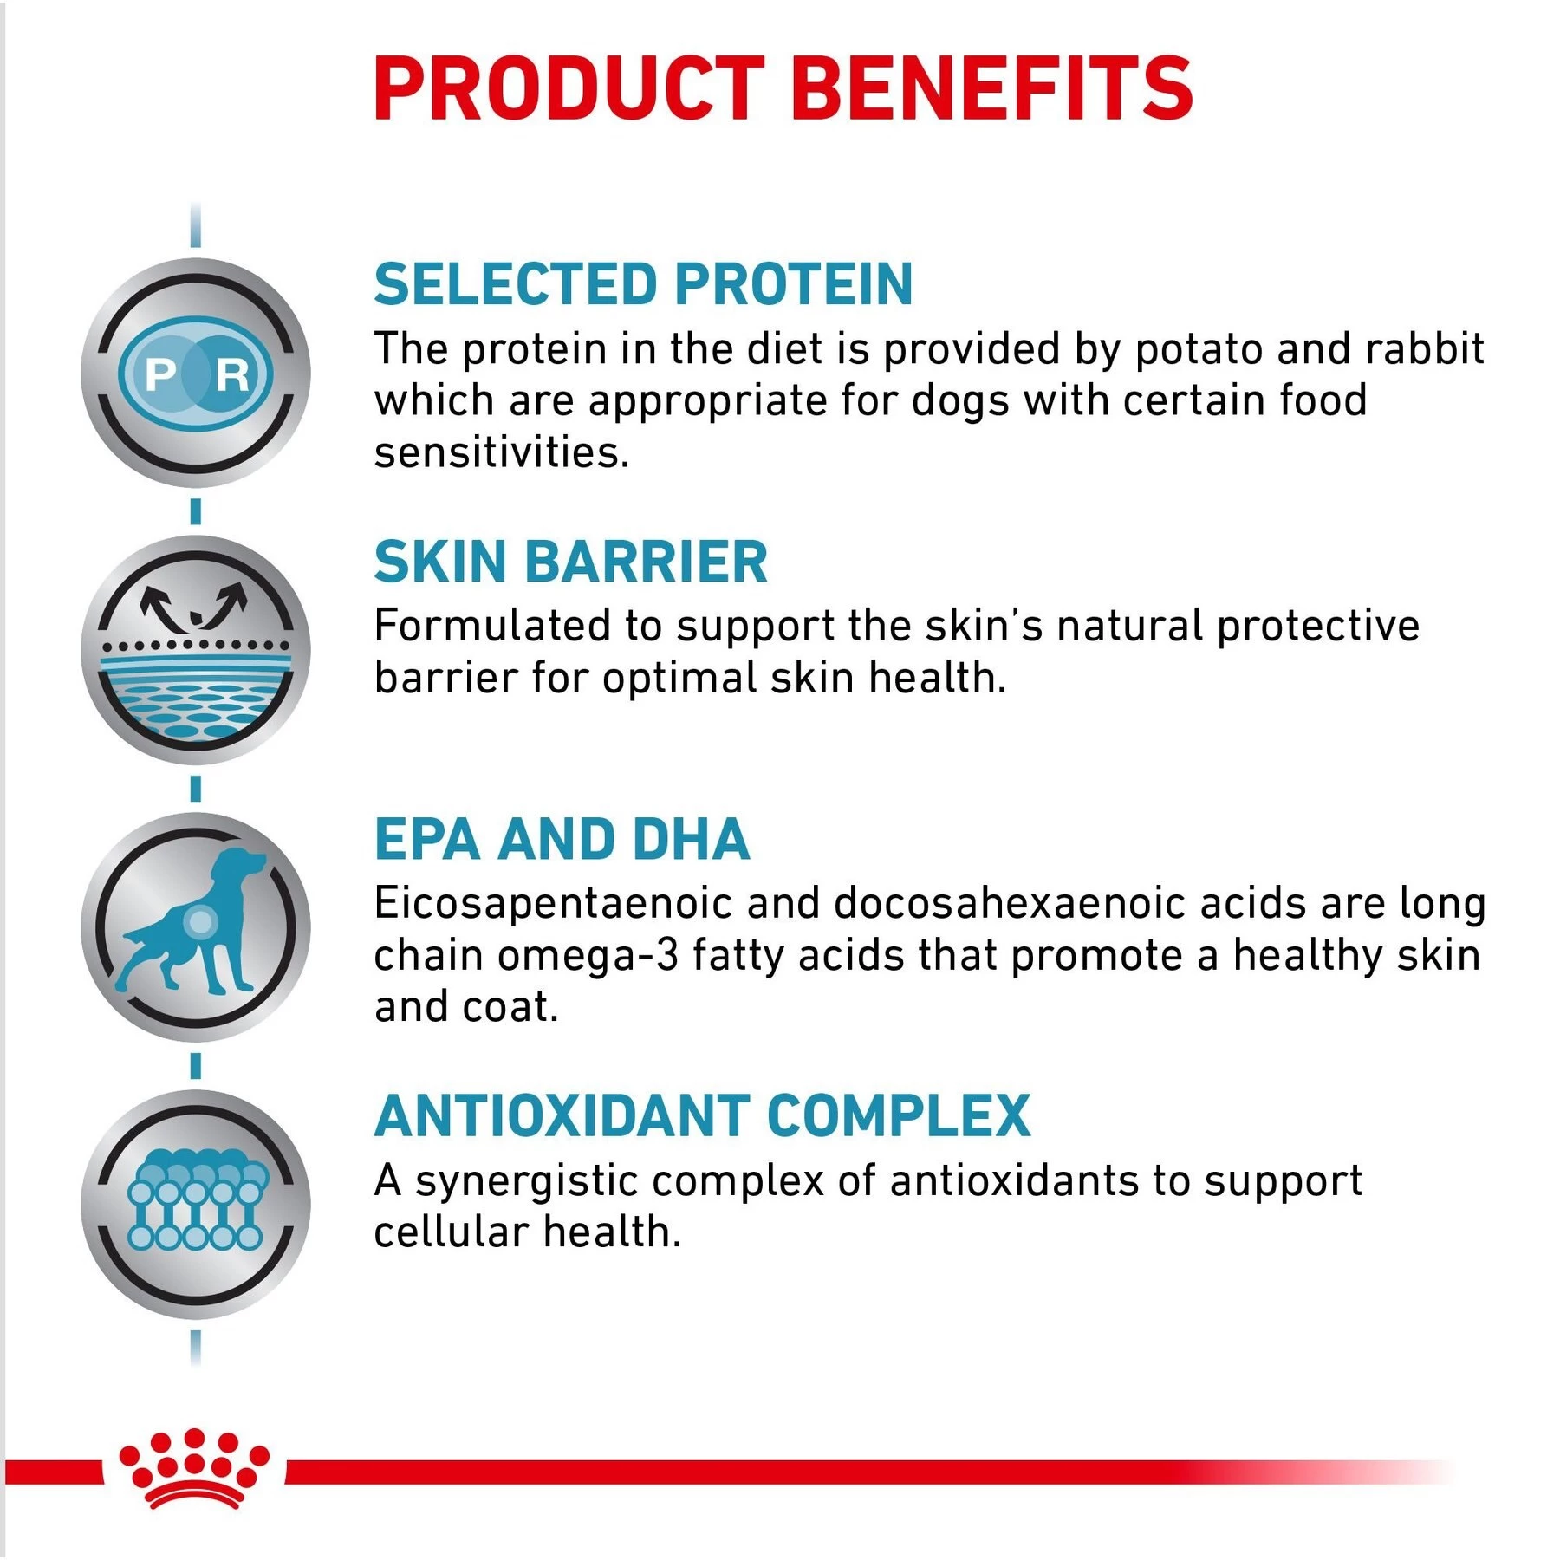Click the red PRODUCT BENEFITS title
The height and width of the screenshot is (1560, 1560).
(783, 88)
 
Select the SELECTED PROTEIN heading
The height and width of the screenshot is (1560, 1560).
(643, 284)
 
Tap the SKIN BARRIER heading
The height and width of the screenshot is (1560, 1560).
(570, 562)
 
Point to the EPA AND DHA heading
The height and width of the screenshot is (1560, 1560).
(562, 839)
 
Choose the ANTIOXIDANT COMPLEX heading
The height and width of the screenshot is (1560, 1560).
(702, 1115)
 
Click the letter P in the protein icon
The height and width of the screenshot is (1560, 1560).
(160, 375)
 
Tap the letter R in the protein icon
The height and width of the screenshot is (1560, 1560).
(231, 375)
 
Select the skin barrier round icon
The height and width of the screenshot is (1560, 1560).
(195, 650)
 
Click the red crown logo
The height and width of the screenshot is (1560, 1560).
(194, 1469)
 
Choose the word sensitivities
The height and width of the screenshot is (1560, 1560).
(501, 452)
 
